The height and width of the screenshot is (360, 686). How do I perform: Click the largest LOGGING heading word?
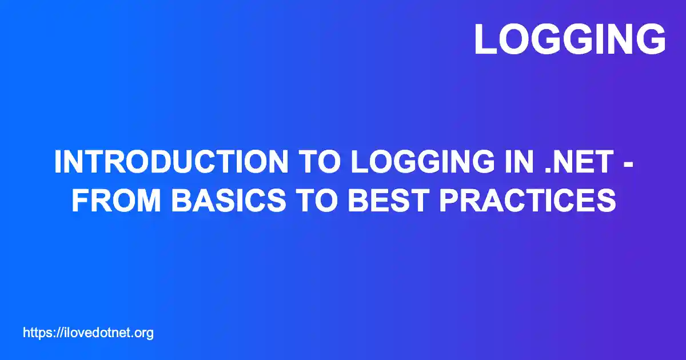point(569,39)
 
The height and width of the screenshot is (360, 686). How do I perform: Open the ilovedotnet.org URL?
point(89,333)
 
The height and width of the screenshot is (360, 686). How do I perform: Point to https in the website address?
point(36,333)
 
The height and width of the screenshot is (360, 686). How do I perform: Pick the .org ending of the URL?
point(143,333)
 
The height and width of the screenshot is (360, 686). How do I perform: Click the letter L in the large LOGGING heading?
point(485,39)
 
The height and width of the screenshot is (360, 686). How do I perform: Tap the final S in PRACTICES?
point(606,200)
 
